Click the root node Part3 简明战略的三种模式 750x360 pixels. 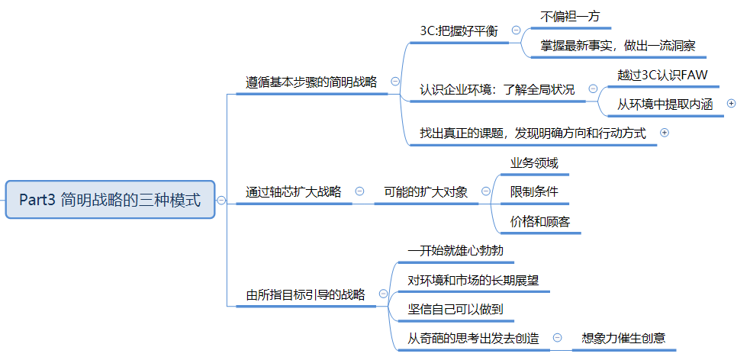[x=110, y=200]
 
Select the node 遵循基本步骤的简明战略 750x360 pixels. [x=311, y=82]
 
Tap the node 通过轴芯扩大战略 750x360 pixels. [x=293, y=191]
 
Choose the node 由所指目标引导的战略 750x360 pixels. [x=305, y=294]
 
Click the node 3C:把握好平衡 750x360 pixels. [x=459, y=31]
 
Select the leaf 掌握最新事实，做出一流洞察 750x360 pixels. [x=618, y=45]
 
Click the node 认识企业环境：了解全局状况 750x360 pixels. [x=497, y=89]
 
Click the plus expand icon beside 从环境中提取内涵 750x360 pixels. [x=732, y=103]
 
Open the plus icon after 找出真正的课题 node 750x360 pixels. [x=664, y=133]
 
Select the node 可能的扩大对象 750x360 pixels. [x=425, y=191]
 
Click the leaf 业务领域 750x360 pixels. [x=534, y=162]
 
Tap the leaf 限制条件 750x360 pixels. [x=534, y=191]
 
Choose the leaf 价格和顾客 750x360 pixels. [x=539, y=221]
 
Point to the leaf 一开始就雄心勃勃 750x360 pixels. [x=455, y=250]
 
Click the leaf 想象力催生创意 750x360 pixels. [x=623, y=338]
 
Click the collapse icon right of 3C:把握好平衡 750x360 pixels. [x=516, y=31]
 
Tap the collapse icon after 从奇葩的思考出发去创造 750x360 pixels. [x=557, y=338]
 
